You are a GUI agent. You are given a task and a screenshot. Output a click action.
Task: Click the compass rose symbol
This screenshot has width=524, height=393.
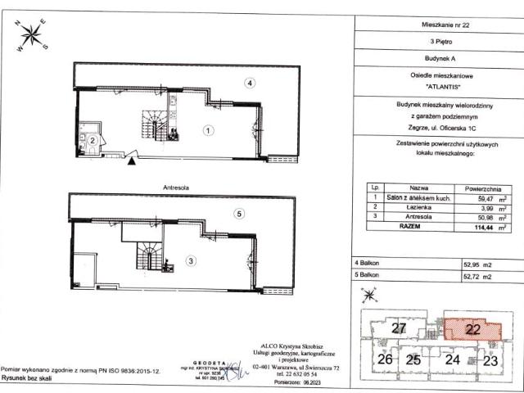pos(34,35)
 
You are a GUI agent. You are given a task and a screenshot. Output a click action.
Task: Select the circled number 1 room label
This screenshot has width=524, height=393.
pos(209,129)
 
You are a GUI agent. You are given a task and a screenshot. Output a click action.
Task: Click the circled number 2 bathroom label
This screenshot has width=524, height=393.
pos(94,141)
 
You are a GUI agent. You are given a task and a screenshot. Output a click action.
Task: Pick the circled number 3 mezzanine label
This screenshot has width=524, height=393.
pos(191,261)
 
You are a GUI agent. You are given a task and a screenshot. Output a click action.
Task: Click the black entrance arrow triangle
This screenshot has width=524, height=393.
pos(132,162)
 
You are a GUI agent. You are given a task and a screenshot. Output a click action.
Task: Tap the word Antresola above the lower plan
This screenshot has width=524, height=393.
pos(176,187)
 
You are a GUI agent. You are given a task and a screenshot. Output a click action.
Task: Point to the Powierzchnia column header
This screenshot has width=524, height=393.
pos(476,187)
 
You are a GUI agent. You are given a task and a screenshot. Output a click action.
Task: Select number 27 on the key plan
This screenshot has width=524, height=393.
pos(398,329)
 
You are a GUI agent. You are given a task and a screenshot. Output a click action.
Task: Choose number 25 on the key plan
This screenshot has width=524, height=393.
pos(413,359)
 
